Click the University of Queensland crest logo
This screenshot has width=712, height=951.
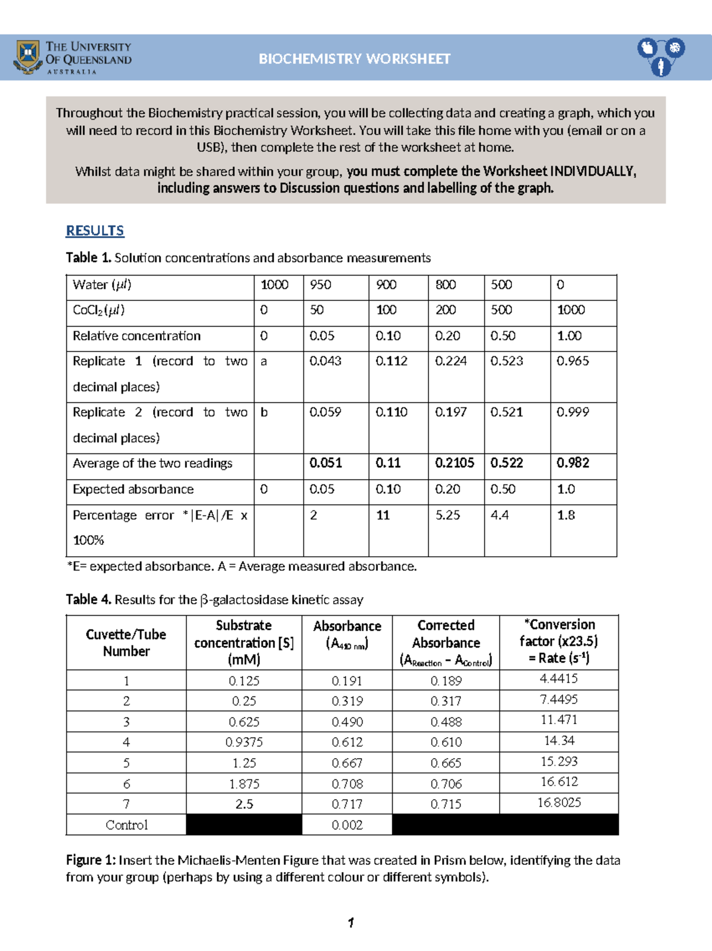click(x=28, y=56)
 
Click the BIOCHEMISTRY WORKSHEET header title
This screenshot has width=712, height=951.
click(x=354, y=59)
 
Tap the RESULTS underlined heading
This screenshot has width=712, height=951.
click(x=95, y=231)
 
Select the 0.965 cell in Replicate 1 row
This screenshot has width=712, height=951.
click(x=573, y=362)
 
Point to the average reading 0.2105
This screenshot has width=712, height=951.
click(x=454, y=464)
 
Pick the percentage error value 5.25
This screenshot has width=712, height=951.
click(x=448, y=515)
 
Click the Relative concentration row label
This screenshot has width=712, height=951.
click(x=136, y=337)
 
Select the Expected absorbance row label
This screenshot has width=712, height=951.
click(x=133, y=490)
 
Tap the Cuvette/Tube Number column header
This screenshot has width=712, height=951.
click(x=126, y=643)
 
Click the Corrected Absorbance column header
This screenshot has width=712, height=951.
click(x=446, y=643)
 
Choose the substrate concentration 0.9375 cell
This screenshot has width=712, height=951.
click(x=244, y=743)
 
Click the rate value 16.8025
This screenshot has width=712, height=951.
click(x=559, y=803)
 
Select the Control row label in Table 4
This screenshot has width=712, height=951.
click(x=126, y=825)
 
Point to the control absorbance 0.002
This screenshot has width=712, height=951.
click(x=347, y=825)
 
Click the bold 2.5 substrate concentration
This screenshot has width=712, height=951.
click(x=244, y=804)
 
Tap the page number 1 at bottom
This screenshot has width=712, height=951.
click(x=351, y=923)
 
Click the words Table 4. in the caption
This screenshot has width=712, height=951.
click(x=88, y=600)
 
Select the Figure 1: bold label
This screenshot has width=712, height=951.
click(x=91, y=860)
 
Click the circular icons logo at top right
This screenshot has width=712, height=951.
click(x=661, y=56)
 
